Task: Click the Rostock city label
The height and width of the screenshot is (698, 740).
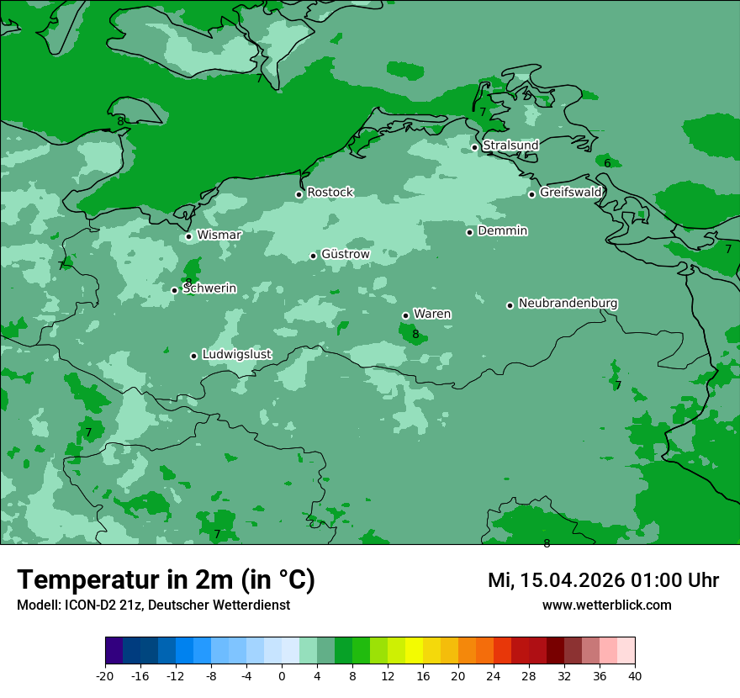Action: point(330,193)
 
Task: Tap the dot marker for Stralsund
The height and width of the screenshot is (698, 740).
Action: point(474,147)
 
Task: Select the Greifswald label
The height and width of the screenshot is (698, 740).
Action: point(570,193)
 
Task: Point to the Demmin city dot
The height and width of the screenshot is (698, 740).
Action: point(469,232)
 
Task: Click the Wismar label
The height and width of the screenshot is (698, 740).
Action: point(219,235)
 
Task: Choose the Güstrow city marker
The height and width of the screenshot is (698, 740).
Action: point(313,256)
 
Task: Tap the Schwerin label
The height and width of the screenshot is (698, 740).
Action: point(210,288)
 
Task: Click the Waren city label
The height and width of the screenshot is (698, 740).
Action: point(432,315)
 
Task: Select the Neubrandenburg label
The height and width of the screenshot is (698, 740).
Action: point(568,304)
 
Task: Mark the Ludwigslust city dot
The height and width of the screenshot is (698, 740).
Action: point(193,356)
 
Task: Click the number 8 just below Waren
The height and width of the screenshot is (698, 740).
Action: point(415,335)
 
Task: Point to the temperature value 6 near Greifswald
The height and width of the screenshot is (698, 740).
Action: point(607,163)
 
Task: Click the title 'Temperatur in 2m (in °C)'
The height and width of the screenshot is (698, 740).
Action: point(166,580)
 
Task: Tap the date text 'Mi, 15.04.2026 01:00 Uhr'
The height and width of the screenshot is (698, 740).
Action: point(603,580)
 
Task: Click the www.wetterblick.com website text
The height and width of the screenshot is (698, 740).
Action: point(606,605)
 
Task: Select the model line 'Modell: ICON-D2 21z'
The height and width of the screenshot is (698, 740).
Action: point(153,605)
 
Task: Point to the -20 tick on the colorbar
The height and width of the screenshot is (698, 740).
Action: point(105,675)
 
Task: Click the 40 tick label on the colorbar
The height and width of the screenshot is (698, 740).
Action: point(635,675)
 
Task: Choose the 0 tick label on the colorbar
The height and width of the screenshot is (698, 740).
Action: point(282,675)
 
